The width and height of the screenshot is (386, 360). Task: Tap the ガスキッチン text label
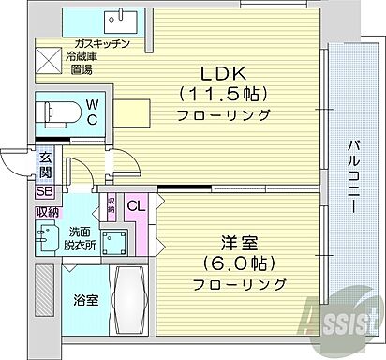(x=102, y=45)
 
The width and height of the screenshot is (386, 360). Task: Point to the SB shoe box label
(x=45, y=191)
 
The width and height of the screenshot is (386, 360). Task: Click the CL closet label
(x=135, y=205)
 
